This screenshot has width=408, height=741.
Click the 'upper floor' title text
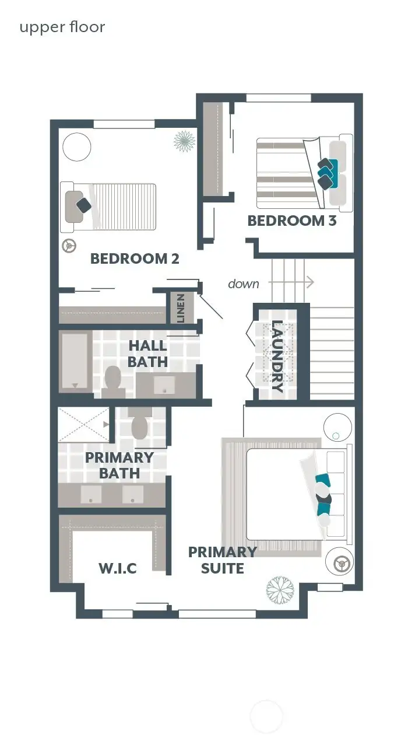point(62,27)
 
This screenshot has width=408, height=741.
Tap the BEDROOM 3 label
point(292,221)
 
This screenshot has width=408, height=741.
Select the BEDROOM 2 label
point(135,258)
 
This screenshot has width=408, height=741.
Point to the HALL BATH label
point(148,354)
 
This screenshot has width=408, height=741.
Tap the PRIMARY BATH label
point(119,465)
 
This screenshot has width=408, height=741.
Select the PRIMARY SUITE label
point(222,560)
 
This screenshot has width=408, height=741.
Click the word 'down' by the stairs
point(244,284)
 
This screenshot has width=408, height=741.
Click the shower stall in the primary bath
point(83,424)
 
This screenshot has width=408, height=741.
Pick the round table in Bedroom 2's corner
point(76,147)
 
